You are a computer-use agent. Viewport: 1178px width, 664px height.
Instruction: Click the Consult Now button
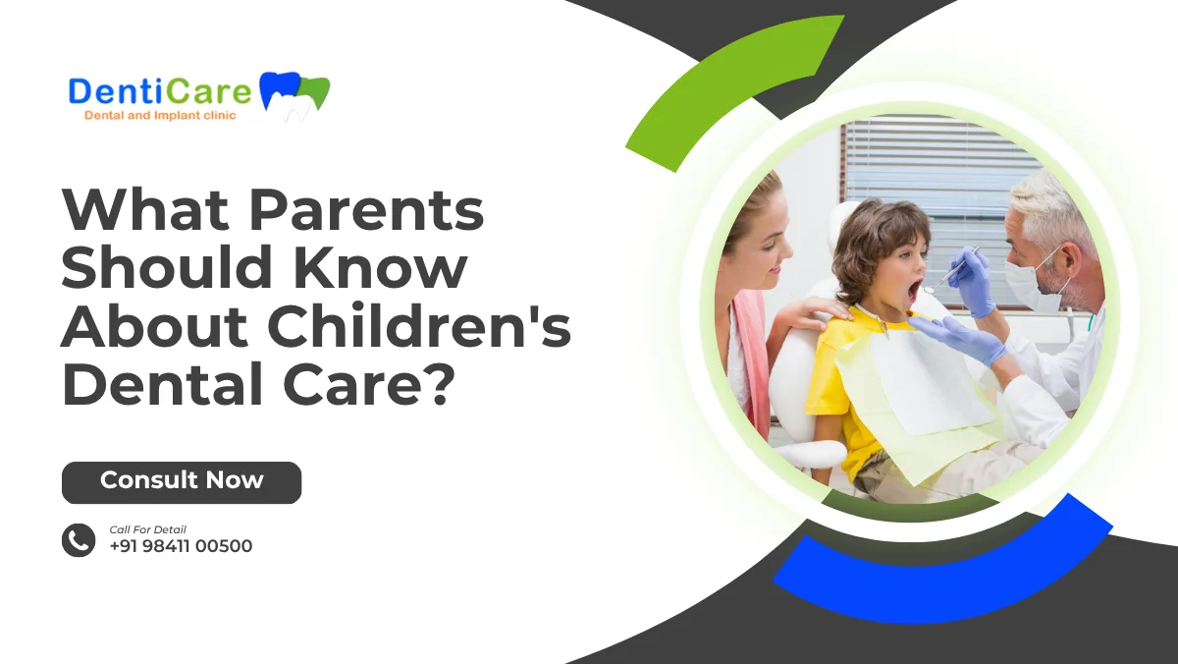tap(182, 482)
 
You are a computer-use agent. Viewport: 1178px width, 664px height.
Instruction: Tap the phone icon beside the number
tap(79, 540)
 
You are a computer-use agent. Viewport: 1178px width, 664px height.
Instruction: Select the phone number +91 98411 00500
tap(181, 546)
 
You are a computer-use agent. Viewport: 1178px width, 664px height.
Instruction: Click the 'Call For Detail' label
tap(148, 529)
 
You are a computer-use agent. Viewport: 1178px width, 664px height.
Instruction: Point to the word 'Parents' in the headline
tap(366, 210)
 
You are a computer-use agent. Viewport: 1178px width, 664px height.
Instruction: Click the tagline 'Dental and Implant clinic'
tap(160, 115)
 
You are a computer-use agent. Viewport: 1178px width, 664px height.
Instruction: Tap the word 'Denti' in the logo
tap(115, 91)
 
